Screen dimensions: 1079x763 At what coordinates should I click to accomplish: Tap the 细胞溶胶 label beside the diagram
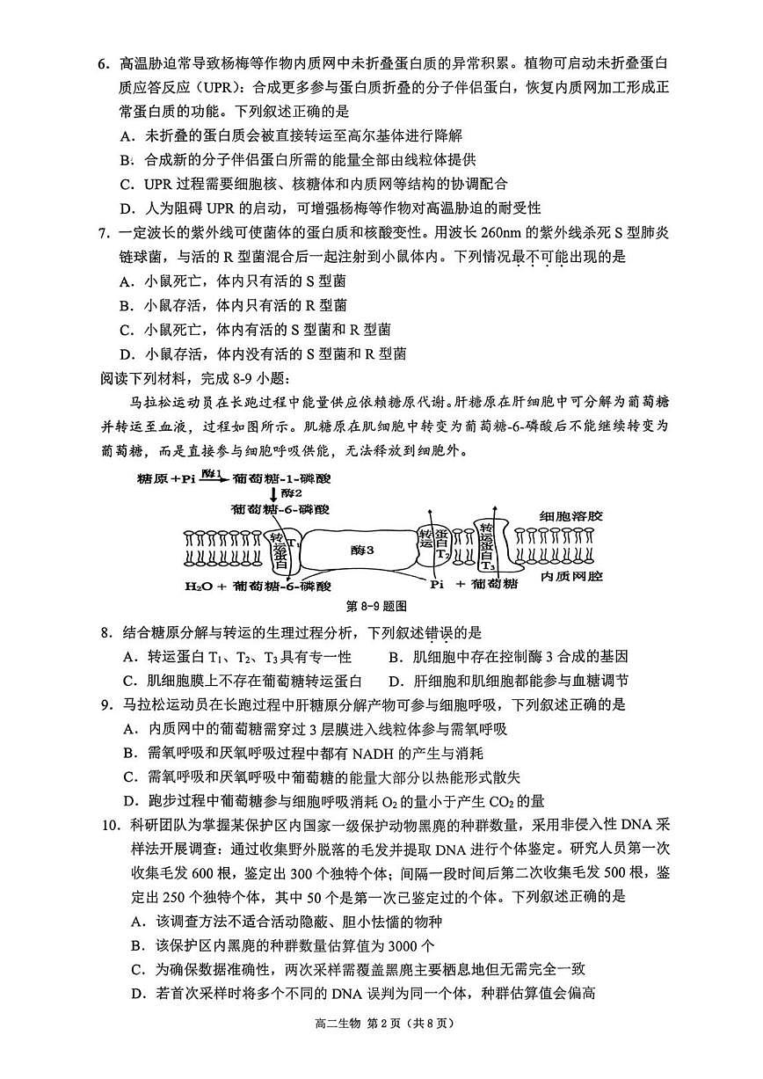click(x=570, y=516)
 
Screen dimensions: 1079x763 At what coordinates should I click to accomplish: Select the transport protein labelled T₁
click(x=279, y=552)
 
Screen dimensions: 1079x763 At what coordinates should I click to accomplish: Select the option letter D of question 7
click(x=127, y=354)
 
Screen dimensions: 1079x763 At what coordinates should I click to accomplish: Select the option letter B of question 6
click(x=127, y=160)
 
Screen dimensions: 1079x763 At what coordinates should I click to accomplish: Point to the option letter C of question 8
click(x=128, y=680)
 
